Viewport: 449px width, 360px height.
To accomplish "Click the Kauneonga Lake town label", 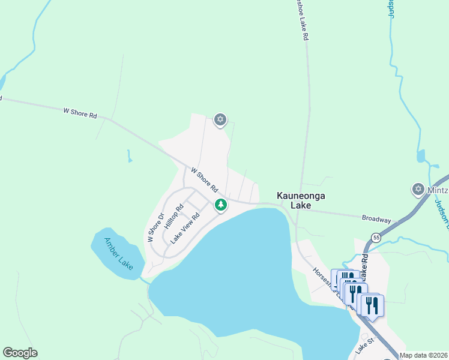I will point(294,200).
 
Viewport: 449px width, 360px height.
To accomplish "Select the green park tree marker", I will point(221,205).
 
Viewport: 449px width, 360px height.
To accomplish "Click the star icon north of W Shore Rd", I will point(220,120).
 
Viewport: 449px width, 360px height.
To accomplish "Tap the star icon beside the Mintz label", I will point(418,190).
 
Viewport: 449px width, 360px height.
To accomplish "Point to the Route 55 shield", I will point(376,238).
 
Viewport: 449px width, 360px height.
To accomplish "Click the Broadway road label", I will point(376,220).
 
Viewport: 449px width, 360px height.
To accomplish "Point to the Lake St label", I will point(364,346).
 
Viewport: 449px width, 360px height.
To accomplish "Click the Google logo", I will point(20,353).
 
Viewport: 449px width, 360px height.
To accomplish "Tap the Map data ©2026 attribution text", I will point(424,355).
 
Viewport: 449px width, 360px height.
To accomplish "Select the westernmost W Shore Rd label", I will point(80,112).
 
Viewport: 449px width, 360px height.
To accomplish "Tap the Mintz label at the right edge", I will point(438,190).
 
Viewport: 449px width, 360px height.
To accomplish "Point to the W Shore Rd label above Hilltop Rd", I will point(203,179).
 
